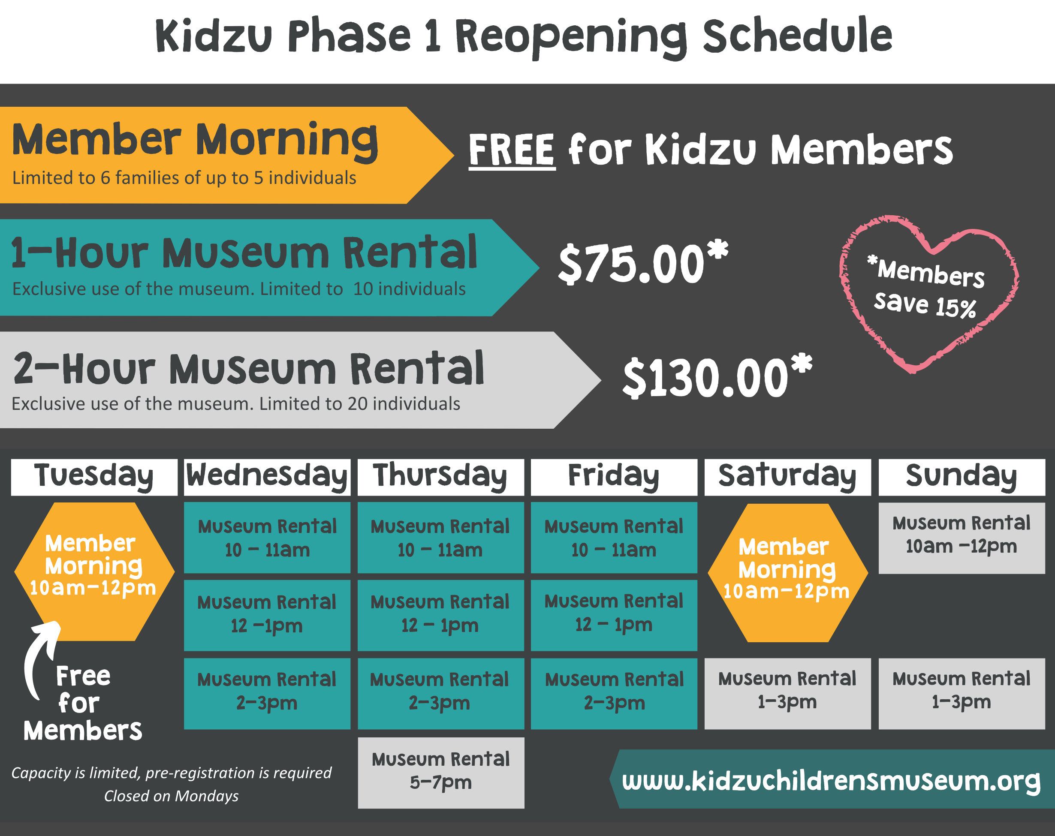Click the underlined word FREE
pyautogui.click(x=512, y=150)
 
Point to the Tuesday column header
pyautogui.click(x=94, y=477)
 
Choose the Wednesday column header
pyautogui.click(x=267, y=477)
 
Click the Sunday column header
pyautogui.click(x=962, y=477)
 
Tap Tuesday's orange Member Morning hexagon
pyautogui.click(x=94, y=571)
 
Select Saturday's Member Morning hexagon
pyautogui.click(x=788, y=573)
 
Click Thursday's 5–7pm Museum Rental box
pyautogui.click(x=441, y=773)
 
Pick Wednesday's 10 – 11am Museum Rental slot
pyautogui.click(x=267, y=538)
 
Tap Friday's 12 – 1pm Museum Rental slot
pyautogui.click(x=614, y=615)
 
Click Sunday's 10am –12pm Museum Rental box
pyautogui.click(x=962, y=538)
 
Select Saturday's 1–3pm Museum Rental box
pyautogui.click(x=788, y=694)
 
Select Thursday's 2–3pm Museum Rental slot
pyautogui.click(x=441, y=694)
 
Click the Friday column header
pyautogui.click(x=614, y=477)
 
